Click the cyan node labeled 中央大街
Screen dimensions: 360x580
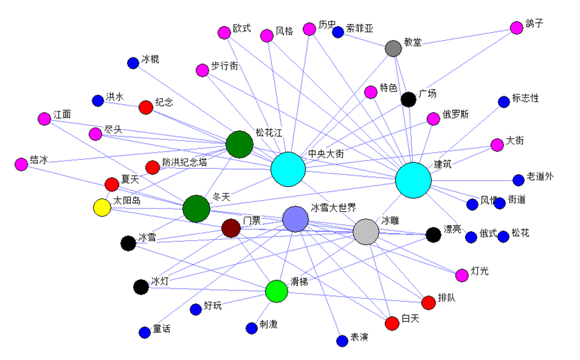pyautogui.click(x=288, y=170)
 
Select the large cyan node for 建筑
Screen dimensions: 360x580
pyautogui.click(x=413, y=180)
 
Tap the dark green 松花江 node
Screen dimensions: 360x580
pyautogui.click(x=239, y=144)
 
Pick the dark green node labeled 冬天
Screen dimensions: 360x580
pyautogui.click(x=196, y=208)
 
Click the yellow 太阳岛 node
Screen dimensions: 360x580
pyautogui.click(x=102, y=208)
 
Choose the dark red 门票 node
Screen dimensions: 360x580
pyautogui.click(x=231, y=228)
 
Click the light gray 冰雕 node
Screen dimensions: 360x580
pyautogui.click(x=366, y=232)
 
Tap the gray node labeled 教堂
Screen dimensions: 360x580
pyautogui.click(x=394, y=48)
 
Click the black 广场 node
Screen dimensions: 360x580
pyautogui.click(x=408, y=100)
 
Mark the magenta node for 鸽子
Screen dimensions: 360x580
pyautogui.click(x=517, y=27)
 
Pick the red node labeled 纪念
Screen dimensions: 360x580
pyautogui.click(x=146, y=107)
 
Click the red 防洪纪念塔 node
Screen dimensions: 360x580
pyautogui.click(x=152, y=168)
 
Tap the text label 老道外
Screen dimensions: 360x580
pyautogui.click(x=540, y=176)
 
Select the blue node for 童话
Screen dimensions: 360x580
pyautogui.click(x=144, y=333)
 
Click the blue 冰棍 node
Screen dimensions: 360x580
pyautogui.click(x=133, y=63)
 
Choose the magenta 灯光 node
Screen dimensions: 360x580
pyautogui.click(x=462, y=275)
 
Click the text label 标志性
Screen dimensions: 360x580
pyautogui.click(x=525, y=98)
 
